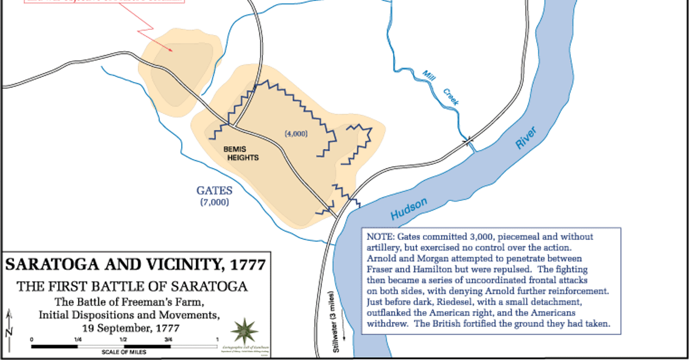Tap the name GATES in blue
point(214,191)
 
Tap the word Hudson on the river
point(409,208)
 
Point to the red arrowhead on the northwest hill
point(171,49)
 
